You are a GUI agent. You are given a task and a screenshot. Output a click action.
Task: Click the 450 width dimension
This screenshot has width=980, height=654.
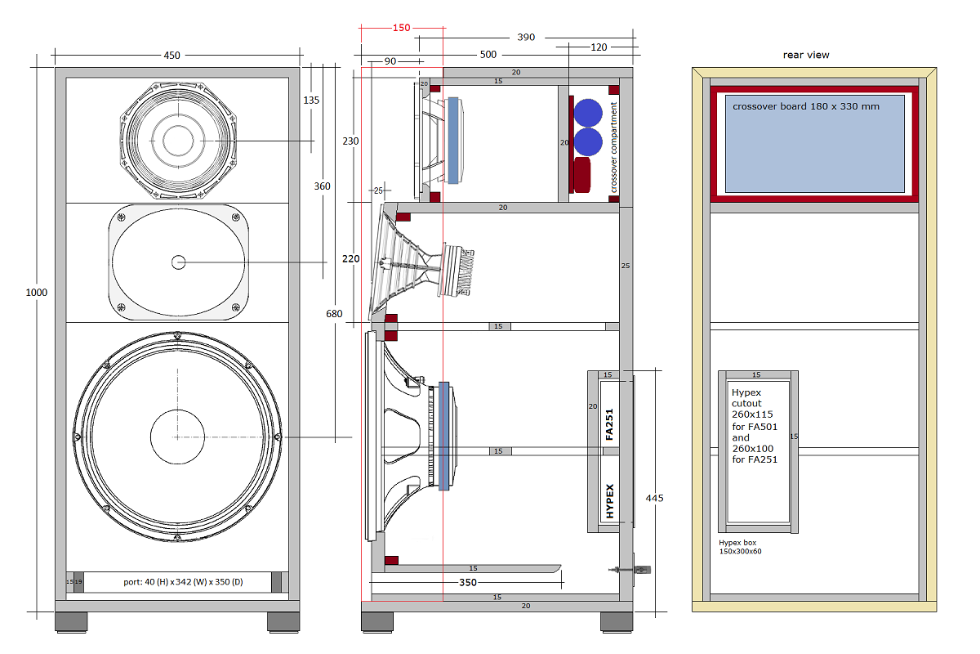point(171,56)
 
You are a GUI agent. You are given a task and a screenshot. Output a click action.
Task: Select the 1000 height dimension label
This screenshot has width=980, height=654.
point(37,293)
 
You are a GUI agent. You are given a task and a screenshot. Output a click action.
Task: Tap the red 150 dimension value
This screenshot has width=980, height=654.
point(401,27)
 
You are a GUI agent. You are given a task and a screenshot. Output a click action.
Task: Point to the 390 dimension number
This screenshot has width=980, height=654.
point(527,38)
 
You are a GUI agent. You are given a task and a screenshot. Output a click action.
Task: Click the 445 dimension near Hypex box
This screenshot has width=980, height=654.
point(654,498)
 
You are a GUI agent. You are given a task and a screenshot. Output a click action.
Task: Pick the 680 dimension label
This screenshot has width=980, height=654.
point(332,314)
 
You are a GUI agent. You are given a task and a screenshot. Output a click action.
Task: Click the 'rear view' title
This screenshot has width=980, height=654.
point(805,55)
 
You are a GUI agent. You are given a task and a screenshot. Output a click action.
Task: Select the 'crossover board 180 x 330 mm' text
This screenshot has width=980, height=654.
point(806,106)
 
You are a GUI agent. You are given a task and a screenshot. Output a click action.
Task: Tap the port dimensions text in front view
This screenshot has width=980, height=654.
point(176,582)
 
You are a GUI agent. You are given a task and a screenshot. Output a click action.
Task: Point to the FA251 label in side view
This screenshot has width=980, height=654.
point(609,424)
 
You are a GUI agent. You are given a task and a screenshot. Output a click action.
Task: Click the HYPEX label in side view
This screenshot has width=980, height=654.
point(609,502)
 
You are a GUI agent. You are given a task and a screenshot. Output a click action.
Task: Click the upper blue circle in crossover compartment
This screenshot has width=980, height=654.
point(587,113)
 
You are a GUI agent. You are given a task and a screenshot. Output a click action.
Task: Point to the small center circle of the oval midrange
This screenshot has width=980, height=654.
point(178,262)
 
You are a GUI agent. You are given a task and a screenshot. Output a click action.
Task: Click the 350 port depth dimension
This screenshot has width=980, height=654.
point(467,583)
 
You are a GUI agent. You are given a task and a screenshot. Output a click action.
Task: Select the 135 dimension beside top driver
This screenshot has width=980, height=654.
point(311,101)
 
